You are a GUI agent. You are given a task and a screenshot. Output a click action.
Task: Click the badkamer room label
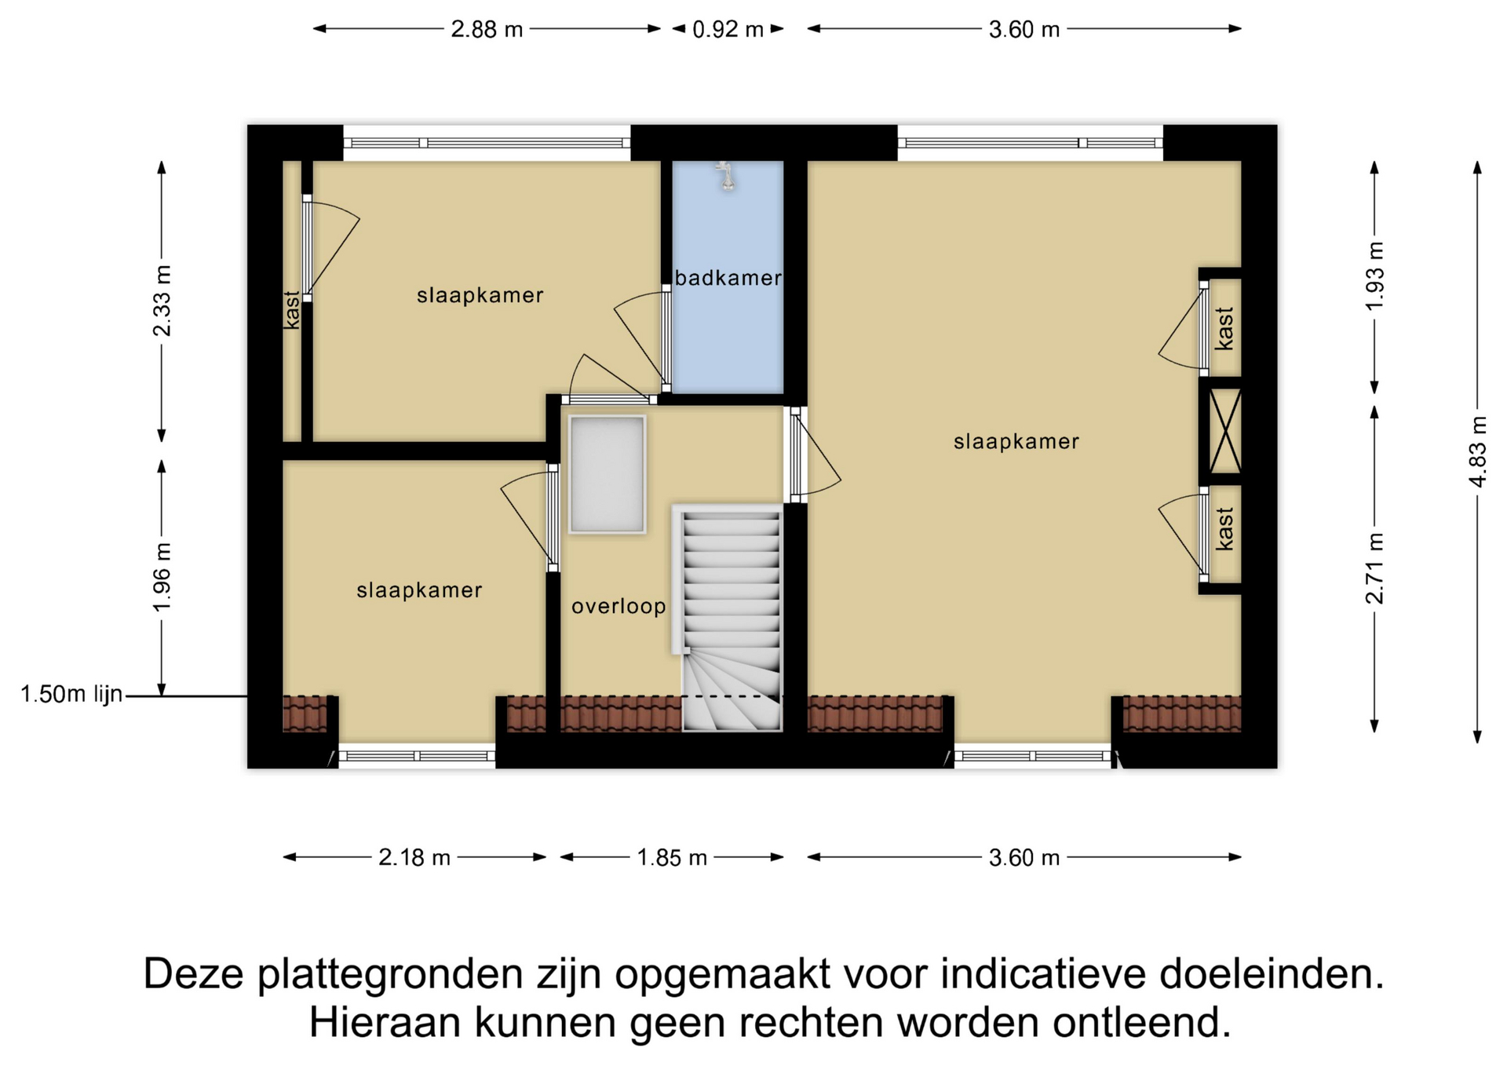pos(728,278)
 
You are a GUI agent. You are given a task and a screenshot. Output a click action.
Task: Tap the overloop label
pos(618,606)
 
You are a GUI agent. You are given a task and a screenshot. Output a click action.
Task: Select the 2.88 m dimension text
pos(487,29)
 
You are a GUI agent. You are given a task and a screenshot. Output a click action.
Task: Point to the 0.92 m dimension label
pos(728,29)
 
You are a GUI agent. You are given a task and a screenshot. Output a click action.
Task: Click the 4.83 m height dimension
pos(1478,451)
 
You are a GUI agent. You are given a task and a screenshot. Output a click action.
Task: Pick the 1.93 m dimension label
pos(1374,276)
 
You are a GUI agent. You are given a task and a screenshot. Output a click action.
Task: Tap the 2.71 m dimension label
pos(1374,568)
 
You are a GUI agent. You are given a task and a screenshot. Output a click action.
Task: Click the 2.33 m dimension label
pos(162,301)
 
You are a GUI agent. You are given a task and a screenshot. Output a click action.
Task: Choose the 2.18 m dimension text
pos(414,857)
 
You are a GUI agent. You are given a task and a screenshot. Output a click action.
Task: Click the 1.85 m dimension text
pos(672,857)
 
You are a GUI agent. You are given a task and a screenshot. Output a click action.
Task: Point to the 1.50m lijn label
pos(71,695)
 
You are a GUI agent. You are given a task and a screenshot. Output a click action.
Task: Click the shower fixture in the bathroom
pos(727,177)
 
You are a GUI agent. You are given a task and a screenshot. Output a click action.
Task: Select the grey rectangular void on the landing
pos(607,475)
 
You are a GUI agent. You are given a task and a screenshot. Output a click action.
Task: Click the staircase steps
pos(732,620)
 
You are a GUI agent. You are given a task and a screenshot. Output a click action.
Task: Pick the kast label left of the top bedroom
pos(291,310)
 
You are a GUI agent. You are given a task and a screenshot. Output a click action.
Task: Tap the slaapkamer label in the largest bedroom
pos(1016,442)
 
